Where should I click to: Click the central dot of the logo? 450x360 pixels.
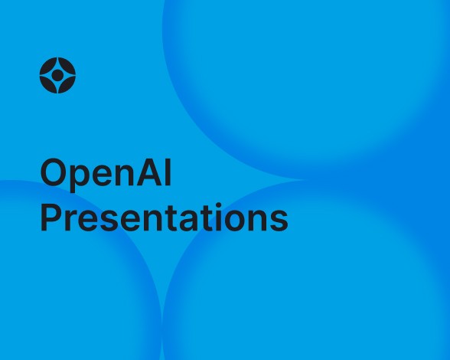click(x=57, y=75)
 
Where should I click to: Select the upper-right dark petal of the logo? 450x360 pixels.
click(x=67, y=66)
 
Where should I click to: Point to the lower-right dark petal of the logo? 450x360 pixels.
click(x=67, y=85)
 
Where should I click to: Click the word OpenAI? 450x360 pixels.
click(x=106, y=175)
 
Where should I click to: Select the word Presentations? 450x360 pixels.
click(x=164, y=218)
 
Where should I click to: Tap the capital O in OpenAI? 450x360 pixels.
click(x=52, y=174)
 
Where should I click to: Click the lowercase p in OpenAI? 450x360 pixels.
click(x=77, y=178)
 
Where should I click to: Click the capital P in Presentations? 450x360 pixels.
click(x=51, y=218)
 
